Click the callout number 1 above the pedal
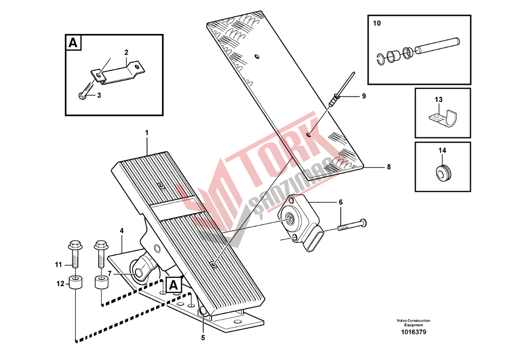pos(146,133)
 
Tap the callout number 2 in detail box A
pos(126,53)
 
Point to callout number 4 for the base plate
pos(122,231)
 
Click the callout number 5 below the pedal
pos(203,338)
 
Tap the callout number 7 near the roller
pos(109,274)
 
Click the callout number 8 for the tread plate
pos(389,167)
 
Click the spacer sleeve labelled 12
pos(76,283)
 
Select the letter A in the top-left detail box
pos(73,43)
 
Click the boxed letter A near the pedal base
pos(173,285)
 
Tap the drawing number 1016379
pos(414,332)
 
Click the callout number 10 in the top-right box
pos(376,23)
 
